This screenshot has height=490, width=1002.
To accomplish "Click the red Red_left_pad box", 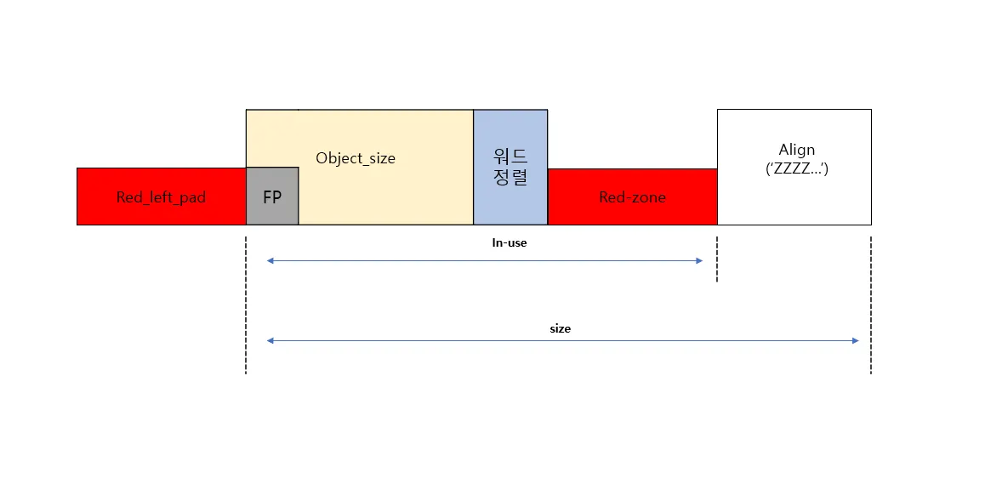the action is pos(161,197).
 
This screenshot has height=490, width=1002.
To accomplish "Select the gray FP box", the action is pos(272,197).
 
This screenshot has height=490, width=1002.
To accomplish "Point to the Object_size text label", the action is pos(356,157).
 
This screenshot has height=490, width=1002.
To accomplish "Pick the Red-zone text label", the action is pos(632,197).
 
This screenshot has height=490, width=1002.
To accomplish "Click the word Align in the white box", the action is pos(797,150).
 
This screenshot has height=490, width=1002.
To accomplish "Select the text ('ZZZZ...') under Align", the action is pos(797,170).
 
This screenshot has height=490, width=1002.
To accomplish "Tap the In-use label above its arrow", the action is pos(510,242).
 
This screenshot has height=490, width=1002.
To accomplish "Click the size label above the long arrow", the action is pos(560,329).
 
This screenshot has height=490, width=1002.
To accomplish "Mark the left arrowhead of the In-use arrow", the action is pos(270,260).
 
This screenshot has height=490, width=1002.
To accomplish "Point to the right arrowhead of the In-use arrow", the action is pos(699,260).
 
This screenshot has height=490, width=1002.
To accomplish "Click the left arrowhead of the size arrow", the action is pos(270,341).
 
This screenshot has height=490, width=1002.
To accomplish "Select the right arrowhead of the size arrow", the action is pos(855,341).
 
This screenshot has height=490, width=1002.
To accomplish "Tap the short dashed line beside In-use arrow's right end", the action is pos(717,259).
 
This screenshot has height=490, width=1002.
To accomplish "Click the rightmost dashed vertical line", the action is pos(871,305).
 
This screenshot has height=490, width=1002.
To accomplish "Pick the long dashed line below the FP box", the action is pos(246,305).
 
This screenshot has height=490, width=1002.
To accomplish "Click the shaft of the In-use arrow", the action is pos(485,260).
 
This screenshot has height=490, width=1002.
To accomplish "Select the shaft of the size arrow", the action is pos(563,341).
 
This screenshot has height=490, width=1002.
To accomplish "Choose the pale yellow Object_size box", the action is pos(385,168).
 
